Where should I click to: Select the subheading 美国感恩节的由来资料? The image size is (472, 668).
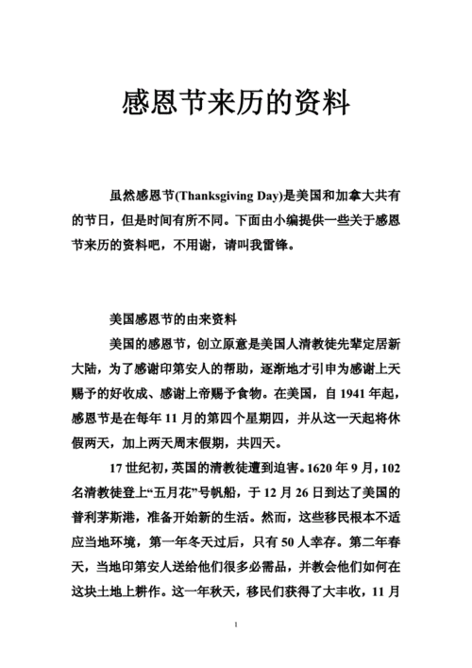click(179, 318)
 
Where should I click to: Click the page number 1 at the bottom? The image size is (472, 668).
click(236, 625)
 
